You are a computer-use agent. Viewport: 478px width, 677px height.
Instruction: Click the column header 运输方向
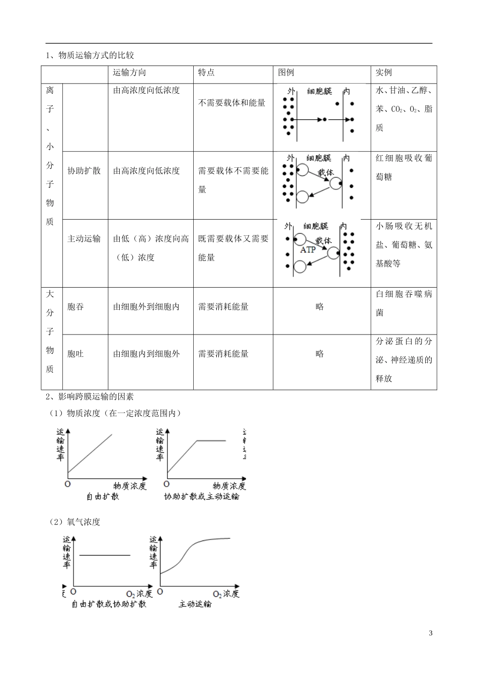(x=129, y=73)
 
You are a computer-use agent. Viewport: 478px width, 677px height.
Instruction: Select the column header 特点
(x=206, y=73)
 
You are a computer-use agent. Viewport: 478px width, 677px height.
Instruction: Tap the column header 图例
(x=286, y=73)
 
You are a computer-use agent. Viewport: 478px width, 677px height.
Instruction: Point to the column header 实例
(x=383, y=73)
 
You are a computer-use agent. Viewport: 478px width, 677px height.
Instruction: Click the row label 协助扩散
(x=84, y=171)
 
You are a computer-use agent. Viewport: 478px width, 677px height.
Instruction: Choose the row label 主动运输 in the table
(x=84, y=239)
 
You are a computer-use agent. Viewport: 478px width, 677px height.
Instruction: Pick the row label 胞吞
(x=75, y=307)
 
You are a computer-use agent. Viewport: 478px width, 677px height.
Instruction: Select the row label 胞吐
(x=75, y=354)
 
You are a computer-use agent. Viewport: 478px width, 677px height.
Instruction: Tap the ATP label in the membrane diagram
(x=308, y=250)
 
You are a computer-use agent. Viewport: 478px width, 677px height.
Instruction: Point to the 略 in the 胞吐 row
(x=320, y=354)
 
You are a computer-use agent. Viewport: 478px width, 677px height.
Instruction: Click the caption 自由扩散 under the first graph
(x=103, y=497)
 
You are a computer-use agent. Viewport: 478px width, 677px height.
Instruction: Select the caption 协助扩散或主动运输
(x=202, y=497)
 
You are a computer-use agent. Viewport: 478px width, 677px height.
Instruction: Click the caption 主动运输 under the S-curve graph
(x=195, y=604)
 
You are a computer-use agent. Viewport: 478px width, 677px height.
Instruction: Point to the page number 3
(x=430, y=634)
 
